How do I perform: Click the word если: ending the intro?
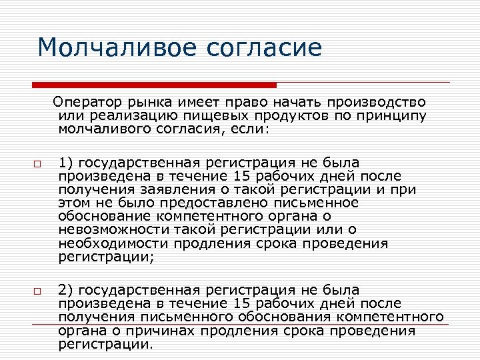pyautogui.click(x=250, y=129)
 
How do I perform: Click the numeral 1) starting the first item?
pyautogui.click(x=65, y=163)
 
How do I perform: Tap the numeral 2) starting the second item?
pyautogui.click(x=65, y=290)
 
